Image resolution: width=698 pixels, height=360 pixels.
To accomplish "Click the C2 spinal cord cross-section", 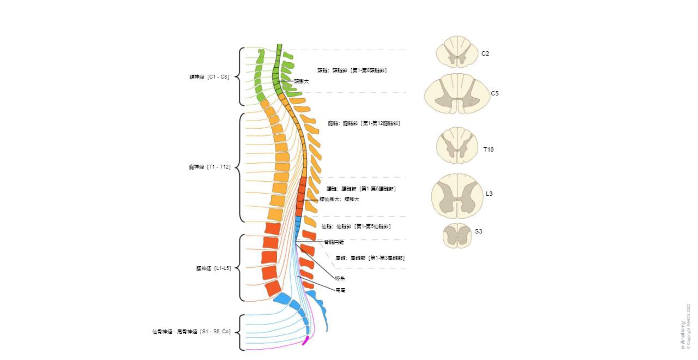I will click(457, 52).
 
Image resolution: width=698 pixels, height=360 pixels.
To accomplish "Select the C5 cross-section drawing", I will click(457, 94).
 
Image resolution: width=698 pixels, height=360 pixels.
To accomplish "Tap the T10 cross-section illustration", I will click(457, 146).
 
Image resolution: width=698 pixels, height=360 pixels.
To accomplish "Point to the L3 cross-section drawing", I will click(457, 196).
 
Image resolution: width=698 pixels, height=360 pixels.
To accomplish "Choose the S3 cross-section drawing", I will click(457, 235).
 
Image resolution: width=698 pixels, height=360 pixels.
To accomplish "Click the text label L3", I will click(489, 194).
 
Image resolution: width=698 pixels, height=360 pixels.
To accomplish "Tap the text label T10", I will click(488, 149).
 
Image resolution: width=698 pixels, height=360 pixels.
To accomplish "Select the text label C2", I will click(485, 53).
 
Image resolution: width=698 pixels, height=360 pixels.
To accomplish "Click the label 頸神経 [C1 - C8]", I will click(209, 77).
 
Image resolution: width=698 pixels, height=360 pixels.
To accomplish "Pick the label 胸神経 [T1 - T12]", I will click(209, 167).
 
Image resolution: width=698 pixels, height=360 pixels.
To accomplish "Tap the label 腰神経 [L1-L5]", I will click(213, 268).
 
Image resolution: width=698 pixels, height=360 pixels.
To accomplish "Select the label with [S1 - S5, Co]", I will click(191, 332).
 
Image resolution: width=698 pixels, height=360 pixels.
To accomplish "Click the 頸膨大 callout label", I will click(301, 81).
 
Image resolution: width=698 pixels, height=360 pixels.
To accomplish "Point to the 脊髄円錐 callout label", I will click(334, 242).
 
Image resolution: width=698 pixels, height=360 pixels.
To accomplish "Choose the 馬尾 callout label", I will click(340, 290).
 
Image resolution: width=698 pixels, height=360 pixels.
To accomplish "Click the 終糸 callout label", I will click(340, 279).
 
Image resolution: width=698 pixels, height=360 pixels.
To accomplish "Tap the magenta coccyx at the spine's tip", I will click(306, 340).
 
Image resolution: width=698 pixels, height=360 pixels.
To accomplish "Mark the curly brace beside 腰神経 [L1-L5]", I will click(242, 268).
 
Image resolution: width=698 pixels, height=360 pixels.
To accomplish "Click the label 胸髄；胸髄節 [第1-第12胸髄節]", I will click(364, 123).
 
